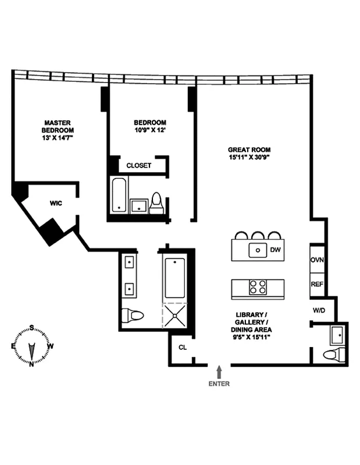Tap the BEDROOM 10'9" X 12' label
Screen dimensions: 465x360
[x=150, y=126]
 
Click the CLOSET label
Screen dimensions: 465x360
[x=139, y=166]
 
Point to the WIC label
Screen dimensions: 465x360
[x=56, y=203]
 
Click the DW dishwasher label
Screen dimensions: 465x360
[x=275, y=251]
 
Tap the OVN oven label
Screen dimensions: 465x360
[x=316, y=260]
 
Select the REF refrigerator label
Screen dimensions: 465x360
[x=316, y=285]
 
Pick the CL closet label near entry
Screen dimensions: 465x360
[x=182, y=348]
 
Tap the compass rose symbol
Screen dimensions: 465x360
[x=31, y=347]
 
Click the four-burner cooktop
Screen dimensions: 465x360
[x=258, y=287]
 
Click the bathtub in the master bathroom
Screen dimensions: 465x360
[x=174, y=277]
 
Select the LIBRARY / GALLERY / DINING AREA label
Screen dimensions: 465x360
[x=252, y=326]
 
